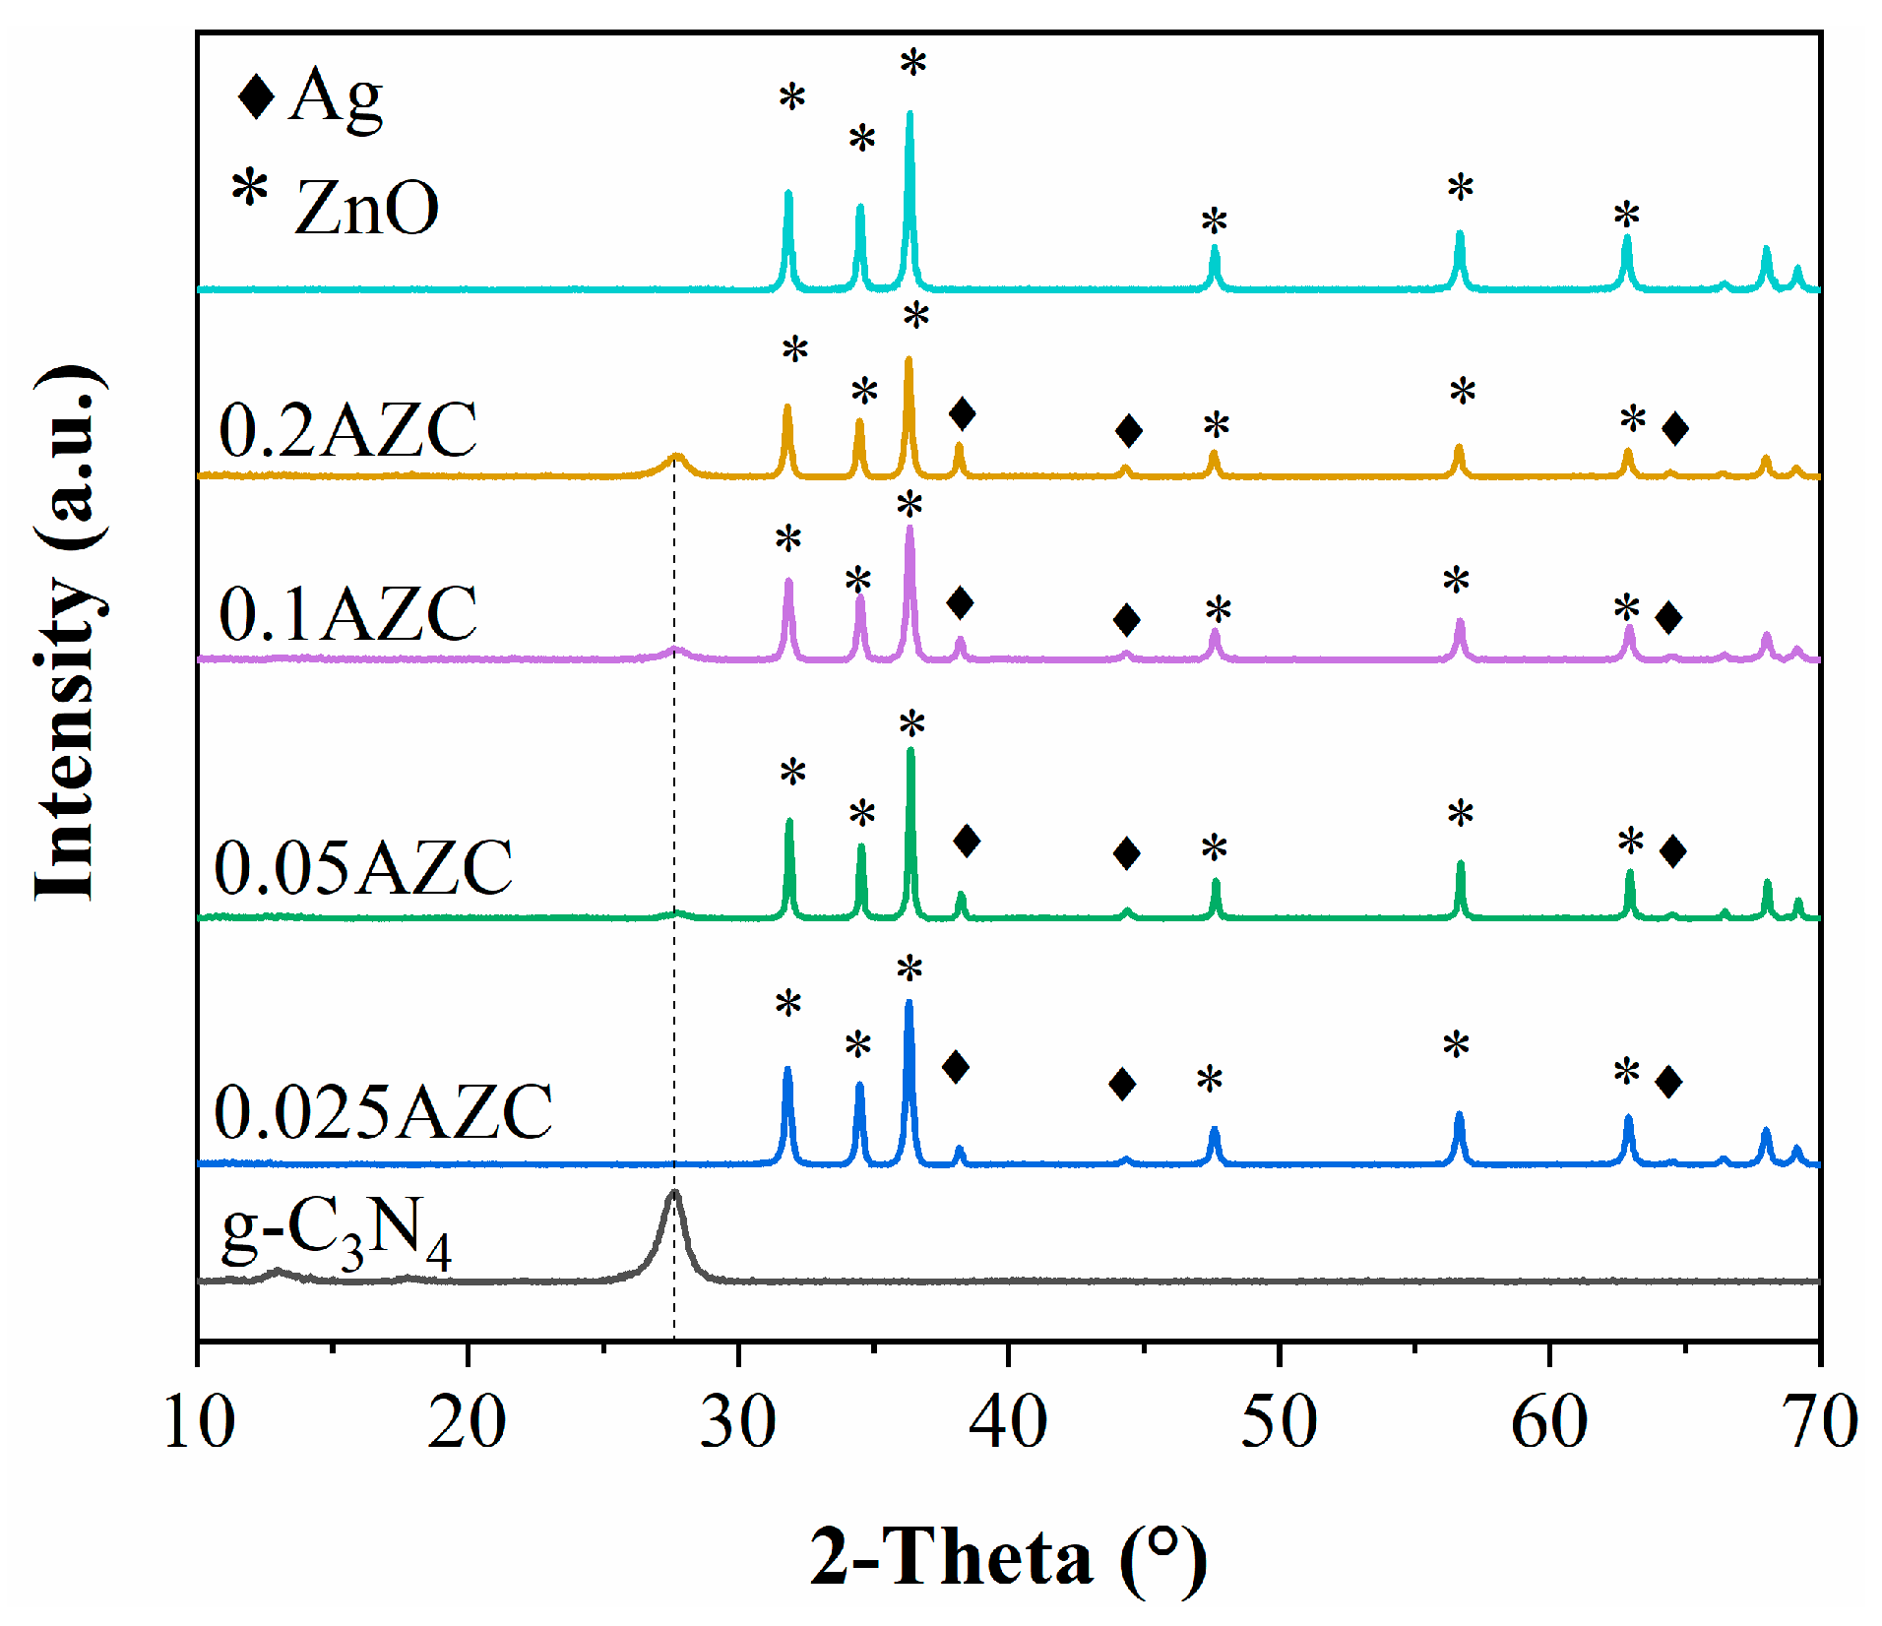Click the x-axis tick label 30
pos(738,1421)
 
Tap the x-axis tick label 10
pos(199,1421)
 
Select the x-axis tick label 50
pos(1279,1421)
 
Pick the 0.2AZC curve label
pos(347,430)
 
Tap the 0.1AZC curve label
pos(347,613)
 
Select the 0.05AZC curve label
pos(363,867)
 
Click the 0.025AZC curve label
pos(383,1112)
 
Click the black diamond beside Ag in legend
pos(257,96)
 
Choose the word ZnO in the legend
pos(366,209)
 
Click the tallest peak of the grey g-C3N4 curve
pos(674,1193)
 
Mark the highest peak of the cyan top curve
pos(910,114)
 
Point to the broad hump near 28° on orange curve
pos(676,458)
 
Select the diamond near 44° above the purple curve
pos(1127,620)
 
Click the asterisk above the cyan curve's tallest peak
pos(912,64)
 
